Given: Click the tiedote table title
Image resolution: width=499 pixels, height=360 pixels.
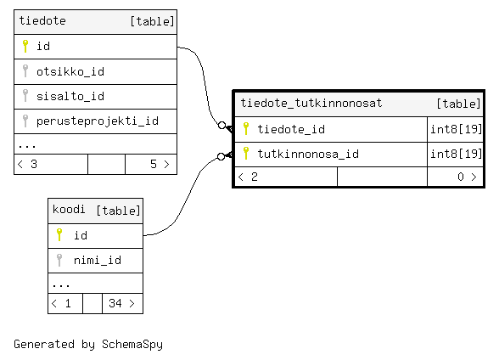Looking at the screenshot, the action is click(x=42, y=21).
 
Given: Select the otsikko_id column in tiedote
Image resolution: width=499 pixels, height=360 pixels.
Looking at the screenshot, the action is click(x=70, y=71).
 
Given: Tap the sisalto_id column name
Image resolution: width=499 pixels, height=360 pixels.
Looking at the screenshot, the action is click(x=70, y=96).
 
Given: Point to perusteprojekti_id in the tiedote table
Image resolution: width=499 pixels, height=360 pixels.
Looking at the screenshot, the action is click(x=98, y=121).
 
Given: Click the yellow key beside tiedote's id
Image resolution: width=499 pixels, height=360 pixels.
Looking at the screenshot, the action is click(x=25, y=46).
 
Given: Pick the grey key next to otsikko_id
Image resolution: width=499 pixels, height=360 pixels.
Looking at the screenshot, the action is click(x=25, y=71).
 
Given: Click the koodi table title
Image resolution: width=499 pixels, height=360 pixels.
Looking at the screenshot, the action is click(x=69, y=210).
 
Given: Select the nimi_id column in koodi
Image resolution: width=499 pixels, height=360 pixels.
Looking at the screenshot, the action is click(x=98, y=261).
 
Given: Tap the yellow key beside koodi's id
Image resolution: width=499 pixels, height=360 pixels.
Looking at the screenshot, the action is click(x=59, y=235).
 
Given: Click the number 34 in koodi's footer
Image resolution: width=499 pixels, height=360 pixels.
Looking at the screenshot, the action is click(x=115, y=303).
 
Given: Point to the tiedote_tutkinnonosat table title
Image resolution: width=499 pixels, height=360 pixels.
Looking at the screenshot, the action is click(x=311, y=103).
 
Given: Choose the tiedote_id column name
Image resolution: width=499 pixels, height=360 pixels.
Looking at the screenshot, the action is click(x=291, y=129).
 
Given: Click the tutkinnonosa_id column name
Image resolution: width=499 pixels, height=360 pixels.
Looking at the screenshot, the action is click(x=308, y=154).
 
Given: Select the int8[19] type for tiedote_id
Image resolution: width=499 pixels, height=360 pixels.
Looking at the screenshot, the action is click(x=456, y=129).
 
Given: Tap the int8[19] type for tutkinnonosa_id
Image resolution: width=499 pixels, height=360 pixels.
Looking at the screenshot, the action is click(x=456, y=154).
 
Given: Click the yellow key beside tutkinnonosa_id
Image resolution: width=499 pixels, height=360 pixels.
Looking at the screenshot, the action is click(x=246, y=154).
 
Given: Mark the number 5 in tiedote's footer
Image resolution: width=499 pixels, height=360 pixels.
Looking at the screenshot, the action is click(x=154, y=164).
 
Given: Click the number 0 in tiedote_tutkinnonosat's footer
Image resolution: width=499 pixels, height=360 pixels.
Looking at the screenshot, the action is click(x=461, y=177).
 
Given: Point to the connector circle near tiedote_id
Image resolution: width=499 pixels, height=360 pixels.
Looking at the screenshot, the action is click(x=222, y=125).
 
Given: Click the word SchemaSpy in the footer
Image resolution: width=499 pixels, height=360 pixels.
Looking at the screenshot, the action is click(x=132, y=345).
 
